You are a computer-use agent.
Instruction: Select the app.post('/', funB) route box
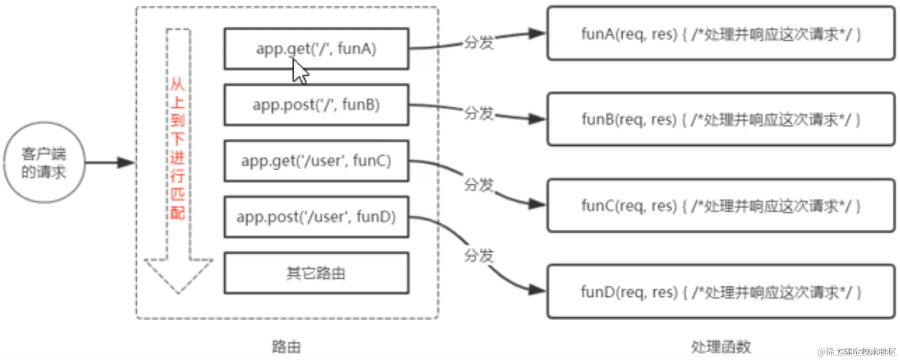316,105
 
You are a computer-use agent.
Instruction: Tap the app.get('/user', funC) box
316,161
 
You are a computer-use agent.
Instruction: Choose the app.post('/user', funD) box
316,217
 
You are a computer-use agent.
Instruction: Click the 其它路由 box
316,273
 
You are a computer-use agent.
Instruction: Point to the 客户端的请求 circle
44,163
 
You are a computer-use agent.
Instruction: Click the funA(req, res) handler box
720,34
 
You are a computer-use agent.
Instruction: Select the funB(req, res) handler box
720,119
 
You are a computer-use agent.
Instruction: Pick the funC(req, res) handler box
720,205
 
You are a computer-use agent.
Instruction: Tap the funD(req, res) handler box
720,292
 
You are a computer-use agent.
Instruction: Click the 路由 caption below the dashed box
286,347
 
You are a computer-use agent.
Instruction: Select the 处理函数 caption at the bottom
720,347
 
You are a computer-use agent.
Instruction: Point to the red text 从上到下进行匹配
178,148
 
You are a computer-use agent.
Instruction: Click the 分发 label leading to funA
478,43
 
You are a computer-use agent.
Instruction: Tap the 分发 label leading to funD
478,256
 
